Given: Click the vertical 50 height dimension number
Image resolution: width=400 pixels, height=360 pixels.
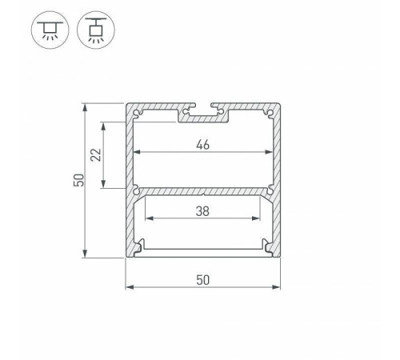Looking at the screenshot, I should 78,181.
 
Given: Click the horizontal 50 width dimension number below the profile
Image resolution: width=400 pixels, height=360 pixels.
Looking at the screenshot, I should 203,278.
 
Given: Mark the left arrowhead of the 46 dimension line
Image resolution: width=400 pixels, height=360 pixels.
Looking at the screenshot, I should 135,152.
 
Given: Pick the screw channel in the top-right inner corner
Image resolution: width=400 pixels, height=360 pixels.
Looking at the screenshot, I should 270,114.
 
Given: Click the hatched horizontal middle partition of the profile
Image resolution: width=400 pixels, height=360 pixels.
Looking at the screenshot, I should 203,192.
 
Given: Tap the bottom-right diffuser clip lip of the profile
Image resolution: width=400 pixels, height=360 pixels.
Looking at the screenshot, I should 266,246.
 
